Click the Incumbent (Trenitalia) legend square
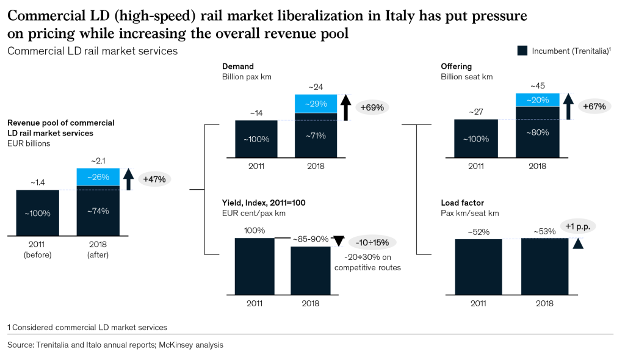tap(522, 51)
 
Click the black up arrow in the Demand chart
tap(344, 107)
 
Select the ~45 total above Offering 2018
tap(537, 86)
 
